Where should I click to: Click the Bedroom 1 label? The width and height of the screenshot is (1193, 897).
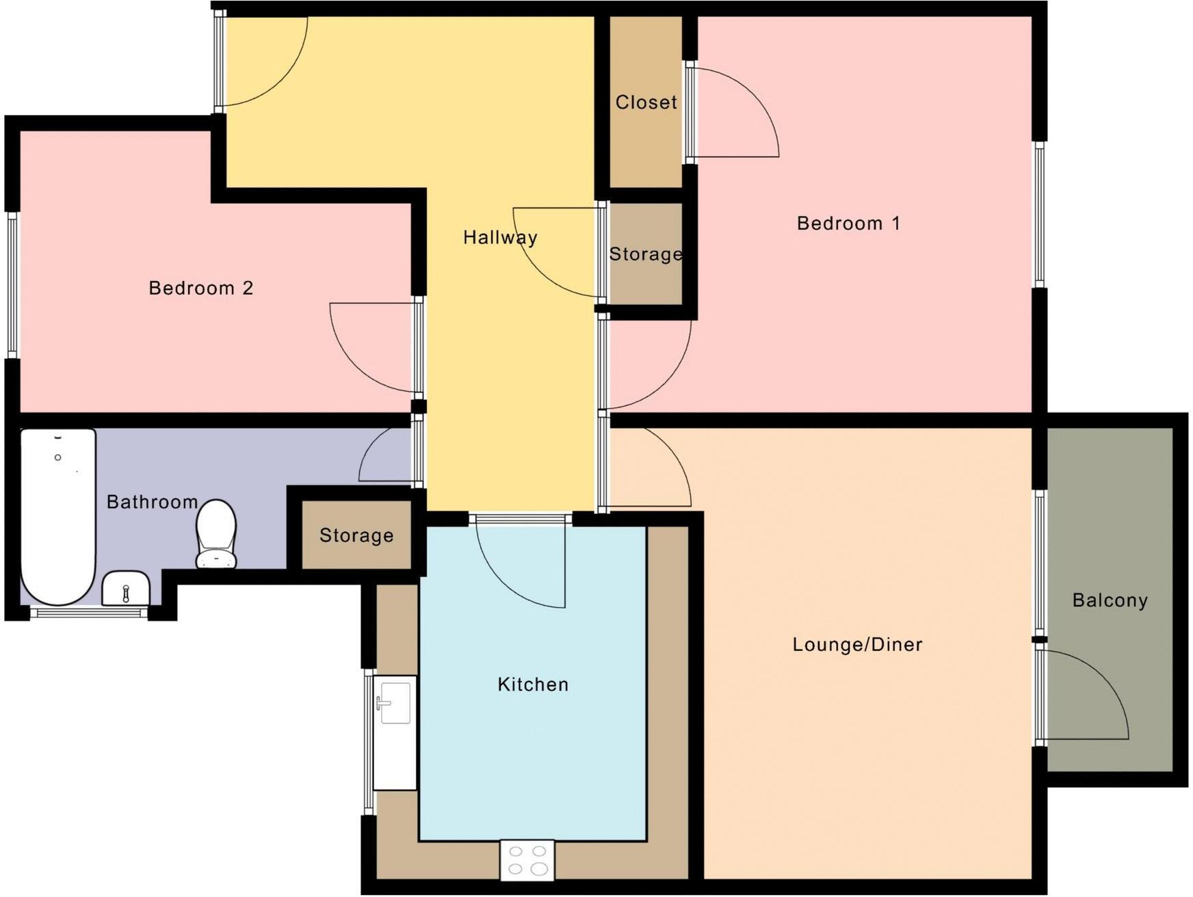coord(848,224)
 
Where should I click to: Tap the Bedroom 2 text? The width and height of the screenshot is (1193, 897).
coord(201,288)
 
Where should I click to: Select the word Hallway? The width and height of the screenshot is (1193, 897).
coord(500,237)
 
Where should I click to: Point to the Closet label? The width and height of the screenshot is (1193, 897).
coord(646,103)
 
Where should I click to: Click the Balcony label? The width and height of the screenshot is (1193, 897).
coord(1110,600)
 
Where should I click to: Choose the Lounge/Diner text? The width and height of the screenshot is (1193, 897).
coord(857,644)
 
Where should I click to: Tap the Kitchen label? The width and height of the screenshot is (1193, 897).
coord(533,684)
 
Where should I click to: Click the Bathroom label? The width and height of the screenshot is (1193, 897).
coord(152,502)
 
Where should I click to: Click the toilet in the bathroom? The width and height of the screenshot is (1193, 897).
coord(216,533)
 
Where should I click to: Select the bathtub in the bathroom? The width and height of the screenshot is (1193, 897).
coord(58,516)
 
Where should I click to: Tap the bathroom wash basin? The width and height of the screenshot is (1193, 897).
coord(126,589)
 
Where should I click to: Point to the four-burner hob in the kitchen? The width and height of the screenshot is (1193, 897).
coord(527,860)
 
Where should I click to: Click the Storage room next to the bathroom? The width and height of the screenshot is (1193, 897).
coord(356,535)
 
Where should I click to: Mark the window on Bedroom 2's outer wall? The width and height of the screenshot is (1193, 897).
coord(12,285)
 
